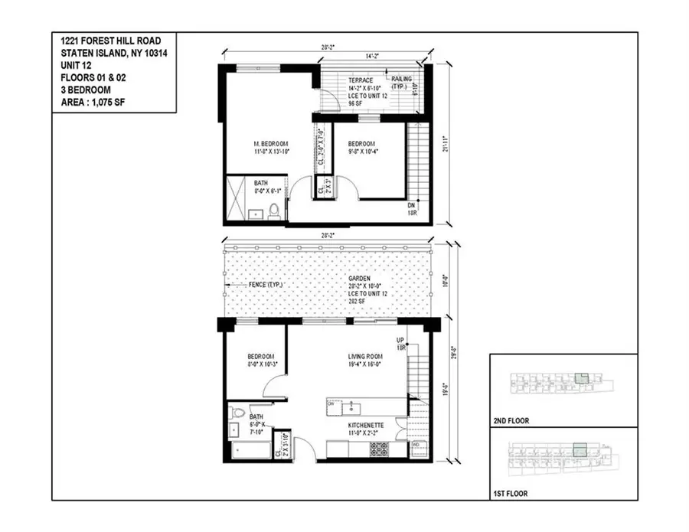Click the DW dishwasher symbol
pos(331,403)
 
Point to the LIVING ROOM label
pos(364,354)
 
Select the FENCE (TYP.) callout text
pos(266,285)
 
